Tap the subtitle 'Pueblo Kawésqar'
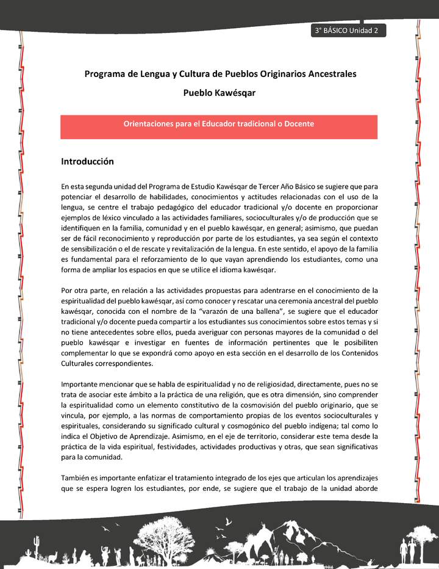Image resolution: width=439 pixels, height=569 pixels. (220, 93)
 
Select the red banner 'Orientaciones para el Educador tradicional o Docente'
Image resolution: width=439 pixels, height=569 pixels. (219, 124)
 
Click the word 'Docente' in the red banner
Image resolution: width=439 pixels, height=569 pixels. (300, 124)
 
